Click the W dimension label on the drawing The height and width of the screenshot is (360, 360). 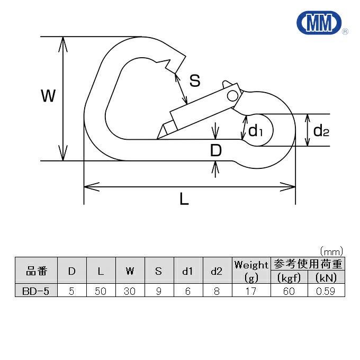tap(49, 96)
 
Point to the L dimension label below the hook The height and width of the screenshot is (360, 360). tap(184, 199)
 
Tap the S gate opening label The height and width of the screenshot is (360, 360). tap(195, 81)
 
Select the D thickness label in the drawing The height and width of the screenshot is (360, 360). tap(215, 151)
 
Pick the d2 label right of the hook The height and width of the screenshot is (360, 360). tap(321, 130)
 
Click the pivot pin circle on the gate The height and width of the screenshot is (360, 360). tap(232, 95)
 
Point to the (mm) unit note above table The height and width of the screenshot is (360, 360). tap(332, 250)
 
